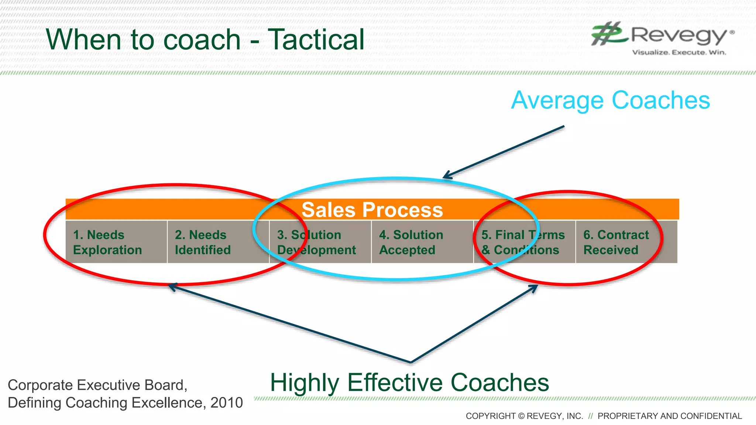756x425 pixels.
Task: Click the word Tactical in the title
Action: click(x=316, y=39)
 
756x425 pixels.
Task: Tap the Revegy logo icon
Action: click(x=609, y=34)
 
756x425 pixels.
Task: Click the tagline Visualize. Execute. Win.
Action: click(x=679, y=52)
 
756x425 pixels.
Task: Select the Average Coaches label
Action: click(x=610, y=100)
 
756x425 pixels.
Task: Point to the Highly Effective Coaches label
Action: click(x=409, y=383)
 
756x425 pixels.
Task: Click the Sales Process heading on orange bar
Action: click(x=372, y=210)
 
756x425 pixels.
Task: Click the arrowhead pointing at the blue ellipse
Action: click(x=447, y=176)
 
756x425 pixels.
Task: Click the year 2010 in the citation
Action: click(x=226, y=403)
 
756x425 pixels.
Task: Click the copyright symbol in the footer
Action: click(x=521, y=416)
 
